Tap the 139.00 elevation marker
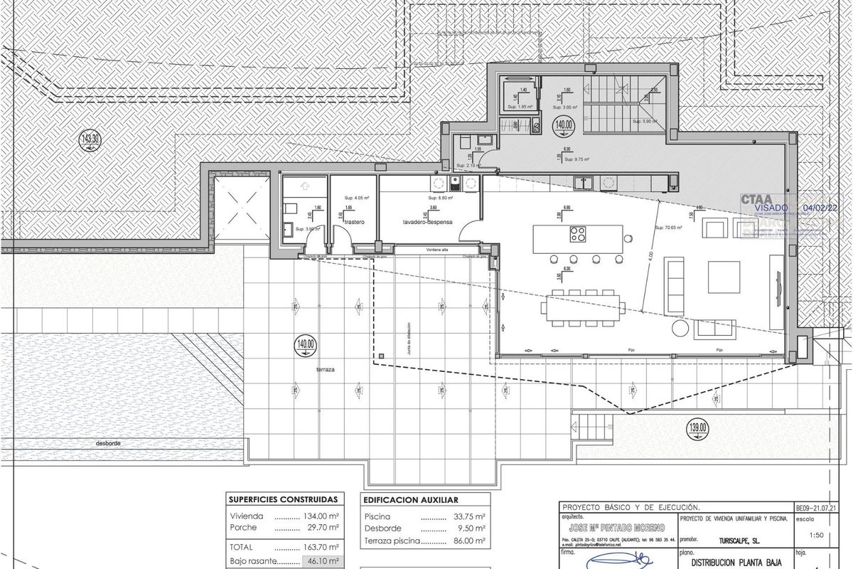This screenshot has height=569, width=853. (698, 427)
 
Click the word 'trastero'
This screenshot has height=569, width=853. (354, 222)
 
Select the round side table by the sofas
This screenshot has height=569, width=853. (680, 327)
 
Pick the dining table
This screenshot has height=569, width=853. (584, 307)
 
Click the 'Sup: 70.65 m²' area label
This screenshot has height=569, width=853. (667, 228)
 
